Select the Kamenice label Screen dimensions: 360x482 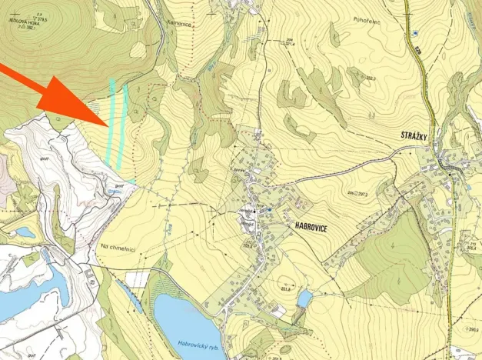[186, 25]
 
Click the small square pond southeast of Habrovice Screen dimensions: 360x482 [304, 298]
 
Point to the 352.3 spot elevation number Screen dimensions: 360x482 [371, 78]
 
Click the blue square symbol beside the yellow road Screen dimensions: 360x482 [414, 33]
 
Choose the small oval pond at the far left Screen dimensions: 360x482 [25, 231]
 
